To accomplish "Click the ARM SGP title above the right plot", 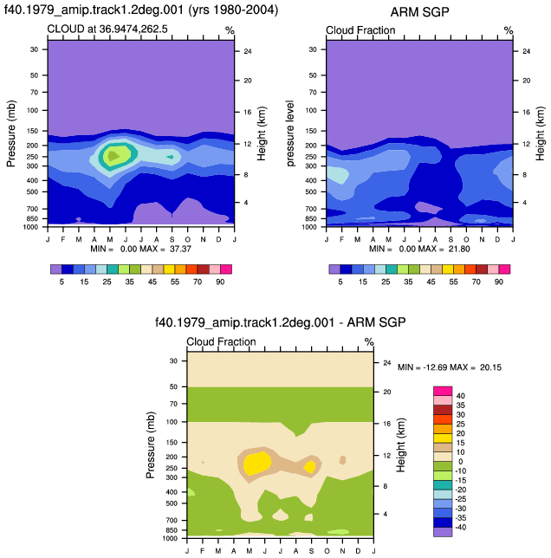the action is tap(419, 12).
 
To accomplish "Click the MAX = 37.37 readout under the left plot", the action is tap(165, 249).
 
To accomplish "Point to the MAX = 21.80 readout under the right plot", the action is tap(444, 249).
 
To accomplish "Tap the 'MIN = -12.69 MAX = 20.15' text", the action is tap(450, 367).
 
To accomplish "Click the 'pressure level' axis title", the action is tap(290, 133).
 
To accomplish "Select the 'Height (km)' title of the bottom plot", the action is tap(401, 444).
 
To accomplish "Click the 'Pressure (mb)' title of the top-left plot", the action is tap(11, 133).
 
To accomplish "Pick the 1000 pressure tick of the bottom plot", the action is tap(170, 538).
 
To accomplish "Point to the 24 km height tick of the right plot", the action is tap(526, 51).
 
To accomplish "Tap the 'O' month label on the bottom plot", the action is tap(327, 551).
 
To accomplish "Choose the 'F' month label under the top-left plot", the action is tap(63, 239).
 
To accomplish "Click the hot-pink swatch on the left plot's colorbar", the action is tap(226, 269).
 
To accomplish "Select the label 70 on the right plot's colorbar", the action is tap(476, 282).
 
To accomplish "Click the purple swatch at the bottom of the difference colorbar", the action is tap(443, 532).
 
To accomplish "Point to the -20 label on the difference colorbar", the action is tap(461, 490).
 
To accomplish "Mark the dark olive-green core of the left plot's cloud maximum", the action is tap(113, 156).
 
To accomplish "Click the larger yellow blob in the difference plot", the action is tap(256, 463).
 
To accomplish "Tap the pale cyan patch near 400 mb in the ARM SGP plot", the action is tap(337, 174).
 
